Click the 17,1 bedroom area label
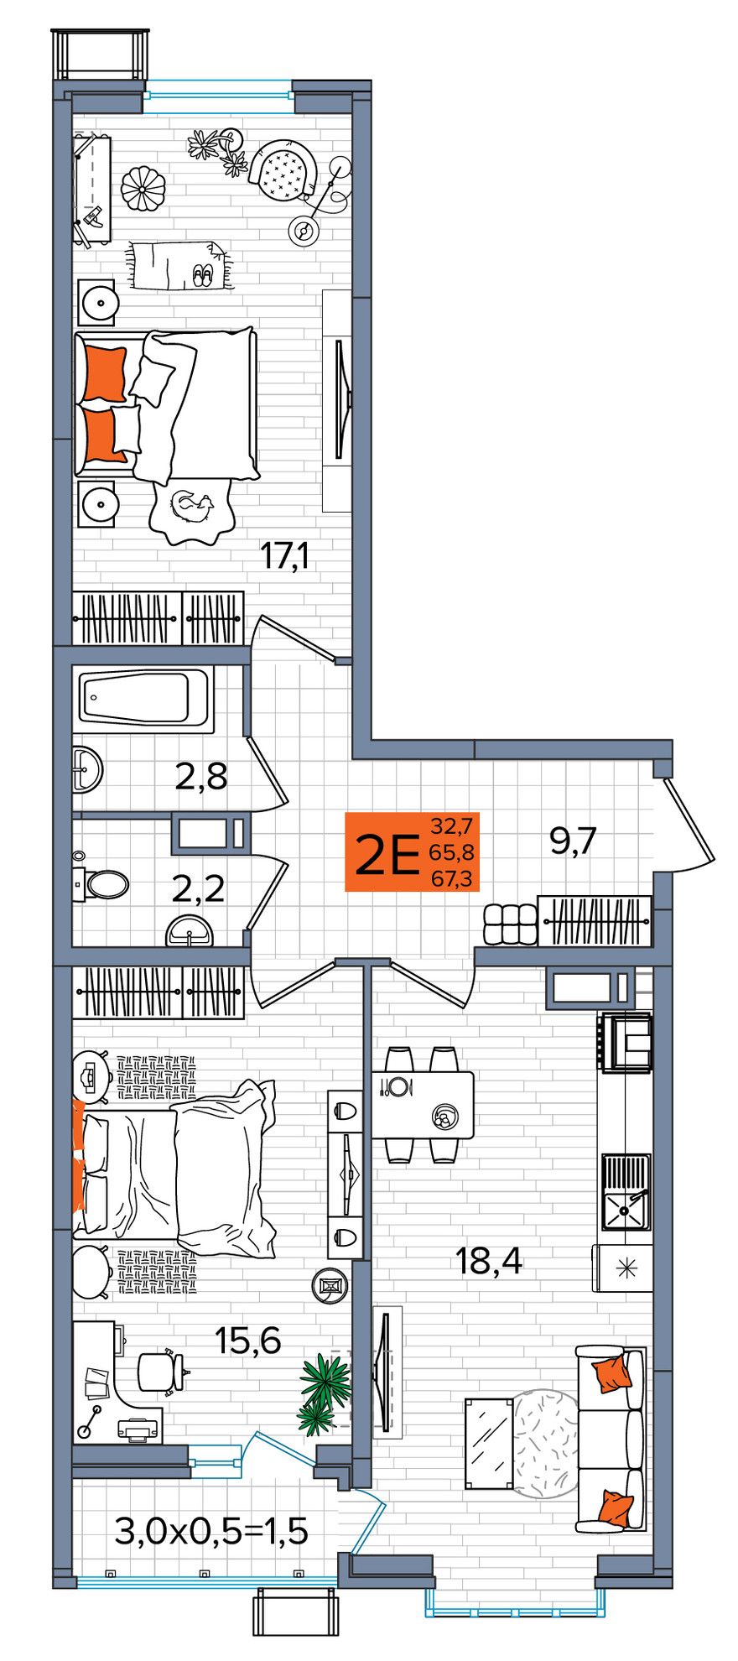point(285,555)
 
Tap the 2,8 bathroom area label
point(201,777)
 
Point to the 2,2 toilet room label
point(199,888)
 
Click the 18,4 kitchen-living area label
point(489,1260)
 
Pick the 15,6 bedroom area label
point(248,1341)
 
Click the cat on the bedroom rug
point(192,504)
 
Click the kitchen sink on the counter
point(626,1191)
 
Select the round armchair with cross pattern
point(283,171)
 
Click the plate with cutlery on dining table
point(398,1086)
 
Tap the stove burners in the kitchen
point(626,1041)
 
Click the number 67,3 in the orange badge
point(451,878)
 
